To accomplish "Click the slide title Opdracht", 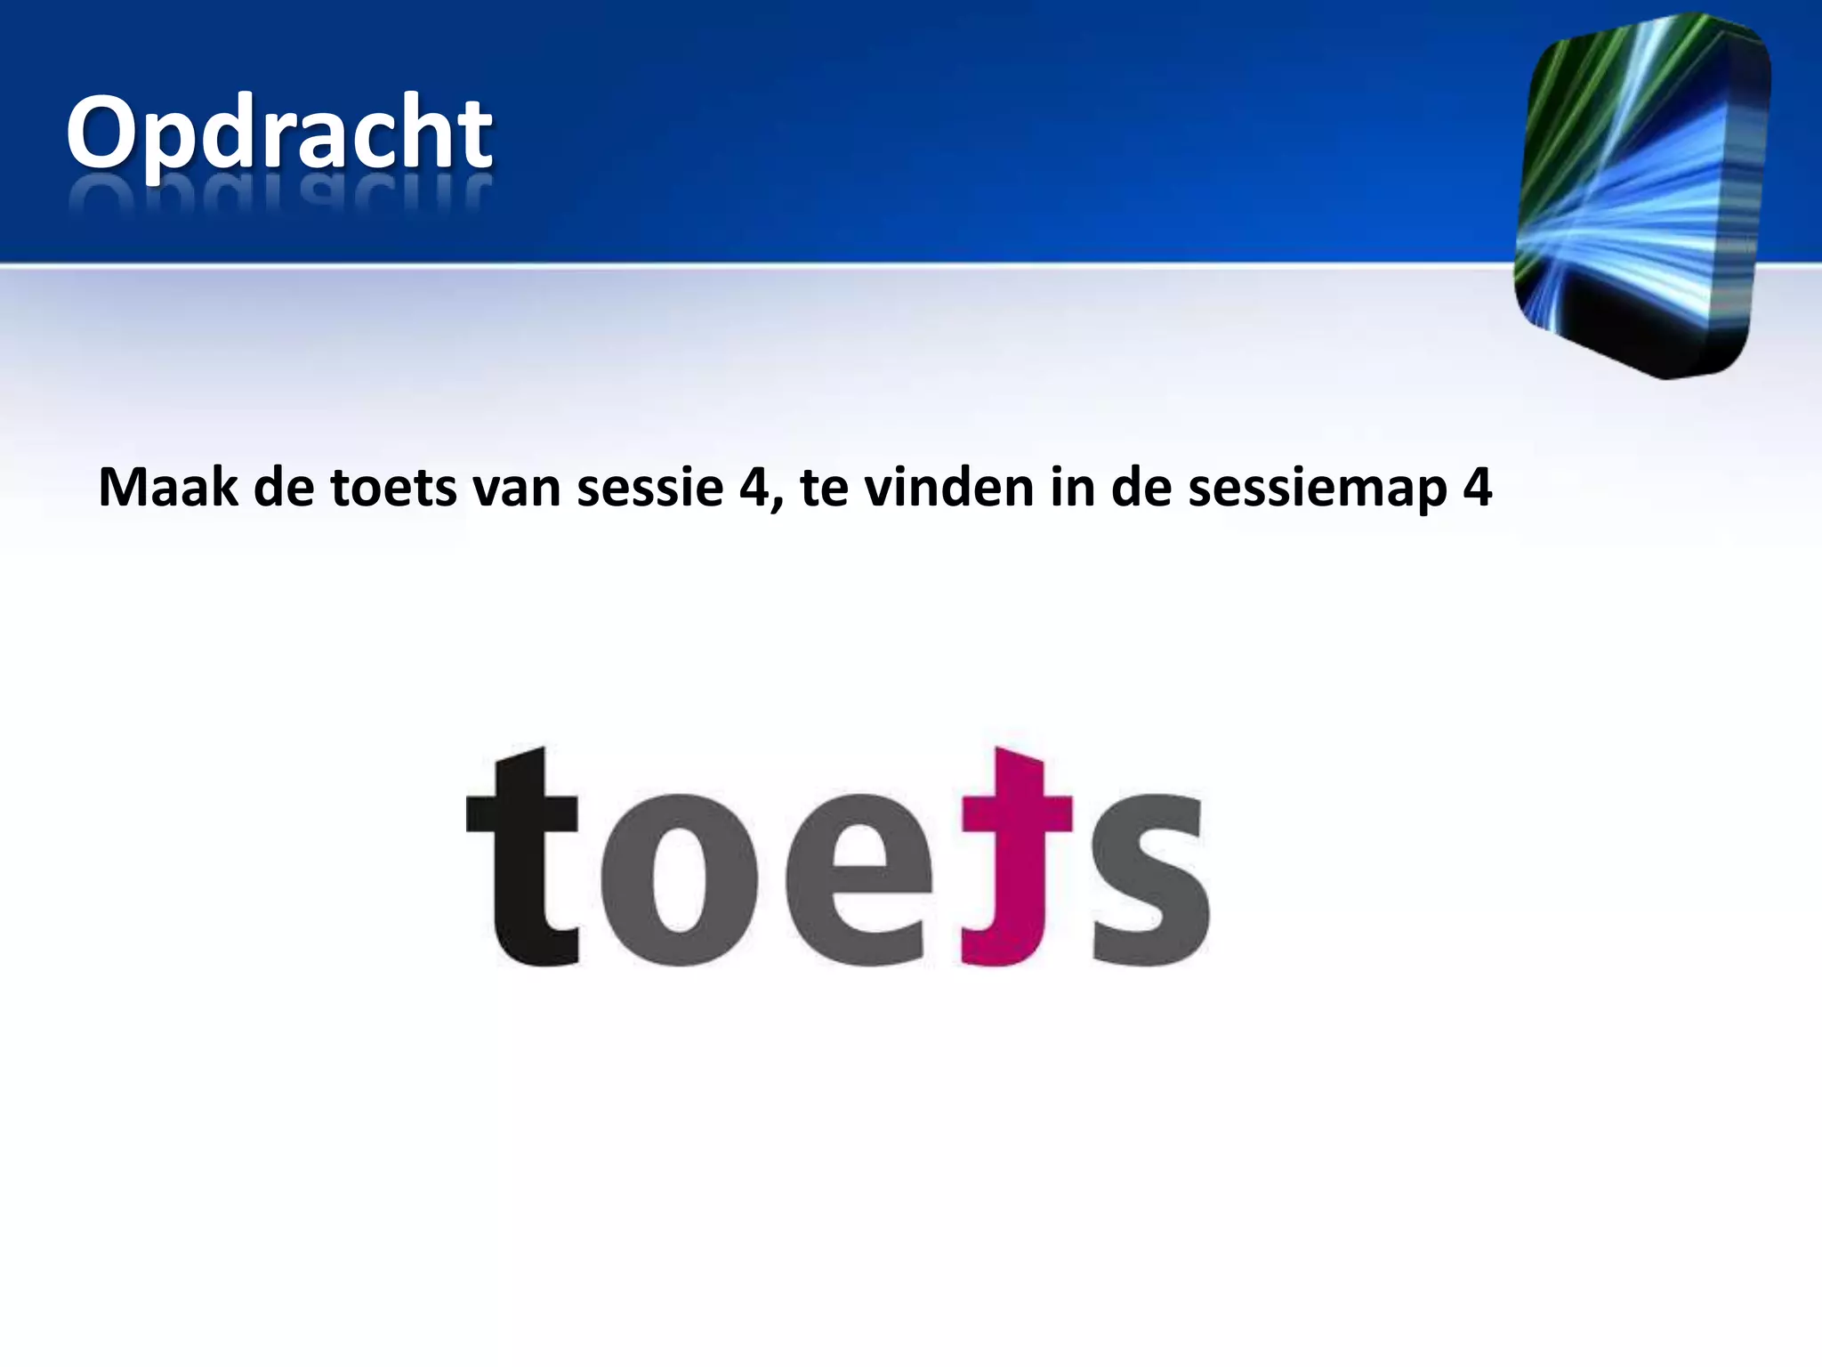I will (278, 133).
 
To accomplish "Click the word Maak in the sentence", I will (167, 488).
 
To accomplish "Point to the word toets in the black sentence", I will (393, 488).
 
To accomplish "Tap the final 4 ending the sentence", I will (1477, 488).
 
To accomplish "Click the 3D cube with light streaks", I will (1642, 196).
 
